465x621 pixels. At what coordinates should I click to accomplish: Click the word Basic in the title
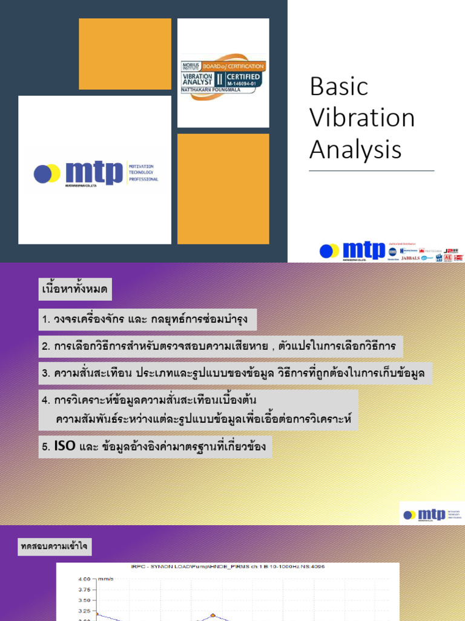point(338,87)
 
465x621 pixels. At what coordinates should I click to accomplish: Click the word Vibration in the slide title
point(361,118)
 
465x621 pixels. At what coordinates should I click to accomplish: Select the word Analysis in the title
point(355,149)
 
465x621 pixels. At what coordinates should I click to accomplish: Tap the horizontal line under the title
point(371,171)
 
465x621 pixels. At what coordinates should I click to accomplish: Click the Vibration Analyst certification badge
point(223,78)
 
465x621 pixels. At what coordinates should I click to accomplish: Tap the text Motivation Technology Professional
point(143,172)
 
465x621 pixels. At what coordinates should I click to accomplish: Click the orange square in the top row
point(125,53)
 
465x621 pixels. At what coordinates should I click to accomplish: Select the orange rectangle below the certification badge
point(223,188)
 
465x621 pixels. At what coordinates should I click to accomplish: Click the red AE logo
point(447,258)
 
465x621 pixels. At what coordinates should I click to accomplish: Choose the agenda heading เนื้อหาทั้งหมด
point(75,290)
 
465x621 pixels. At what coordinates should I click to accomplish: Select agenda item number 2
point(220,347)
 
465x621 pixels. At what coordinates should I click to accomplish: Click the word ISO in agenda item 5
point(64,446)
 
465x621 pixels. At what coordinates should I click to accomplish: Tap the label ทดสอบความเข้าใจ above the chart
point(54,547)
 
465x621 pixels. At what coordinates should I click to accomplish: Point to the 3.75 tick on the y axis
point(85,589)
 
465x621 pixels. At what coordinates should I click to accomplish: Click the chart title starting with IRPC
point(228,566)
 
